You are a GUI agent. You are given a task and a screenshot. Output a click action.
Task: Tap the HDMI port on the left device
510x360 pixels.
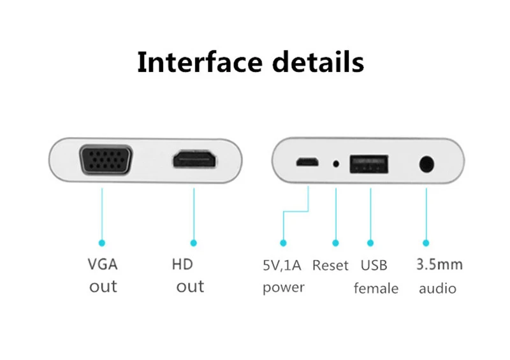[x=194, y=161]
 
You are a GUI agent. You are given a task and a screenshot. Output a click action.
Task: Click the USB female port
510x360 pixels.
[x=370, y=164]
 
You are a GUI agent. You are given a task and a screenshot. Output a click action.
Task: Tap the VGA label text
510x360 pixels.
[x=103, y=264]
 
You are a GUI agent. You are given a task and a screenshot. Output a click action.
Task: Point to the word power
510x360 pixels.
[x=284, y=287]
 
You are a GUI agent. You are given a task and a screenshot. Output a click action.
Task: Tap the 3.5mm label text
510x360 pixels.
[x=439, y=264]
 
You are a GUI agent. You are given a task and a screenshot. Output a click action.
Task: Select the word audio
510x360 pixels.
[x=437, y=288]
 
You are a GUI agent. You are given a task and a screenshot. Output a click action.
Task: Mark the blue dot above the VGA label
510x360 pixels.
[x=101, y=243]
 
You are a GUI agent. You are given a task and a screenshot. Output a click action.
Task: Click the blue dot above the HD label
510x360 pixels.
[x=194, y=243]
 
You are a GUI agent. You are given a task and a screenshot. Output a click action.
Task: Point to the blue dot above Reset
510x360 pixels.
[x=336, y=243]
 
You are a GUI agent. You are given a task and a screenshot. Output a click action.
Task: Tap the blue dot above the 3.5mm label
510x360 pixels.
[x=426, y=243]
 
